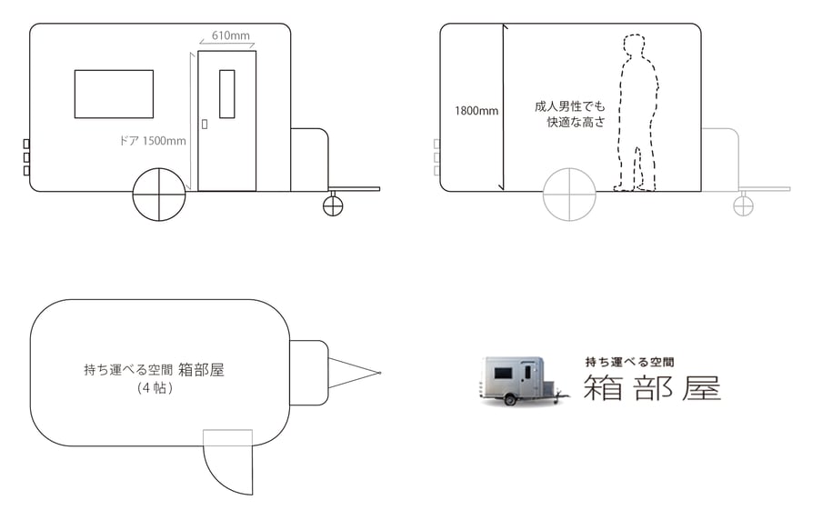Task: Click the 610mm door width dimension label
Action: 231,35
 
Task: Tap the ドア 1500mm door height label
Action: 153,141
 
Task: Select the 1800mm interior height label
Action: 476,111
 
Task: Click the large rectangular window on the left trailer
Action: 114,94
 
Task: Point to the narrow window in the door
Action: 226,94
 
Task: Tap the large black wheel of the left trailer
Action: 159,194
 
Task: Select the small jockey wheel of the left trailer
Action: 334,205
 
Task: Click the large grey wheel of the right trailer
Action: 569,194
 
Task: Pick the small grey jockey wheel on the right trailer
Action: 744,205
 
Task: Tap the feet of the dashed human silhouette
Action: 634,186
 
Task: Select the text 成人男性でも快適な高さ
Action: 568,114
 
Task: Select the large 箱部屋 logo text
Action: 652,387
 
